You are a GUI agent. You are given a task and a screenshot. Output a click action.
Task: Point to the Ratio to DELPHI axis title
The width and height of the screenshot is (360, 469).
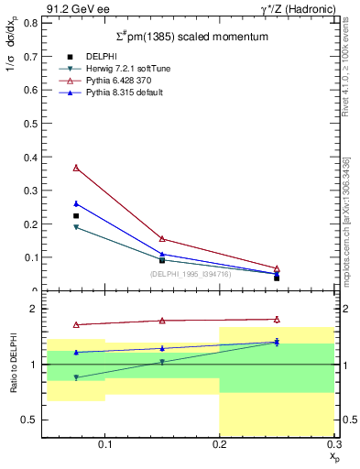tap(12, 364)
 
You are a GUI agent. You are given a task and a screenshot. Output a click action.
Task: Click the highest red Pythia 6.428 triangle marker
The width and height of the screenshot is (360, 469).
tap(76, 168)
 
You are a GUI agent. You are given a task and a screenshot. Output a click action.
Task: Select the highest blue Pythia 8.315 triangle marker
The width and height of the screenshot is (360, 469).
tap(76, 203)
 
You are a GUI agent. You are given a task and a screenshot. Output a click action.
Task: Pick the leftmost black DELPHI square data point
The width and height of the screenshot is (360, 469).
tap(76, 216)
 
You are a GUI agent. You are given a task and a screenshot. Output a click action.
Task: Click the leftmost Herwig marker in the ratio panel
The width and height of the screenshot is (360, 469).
tap(76, 377)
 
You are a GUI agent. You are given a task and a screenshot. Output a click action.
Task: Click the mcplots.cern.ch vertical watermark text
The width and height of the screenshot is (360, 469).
tap(346, 220)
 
